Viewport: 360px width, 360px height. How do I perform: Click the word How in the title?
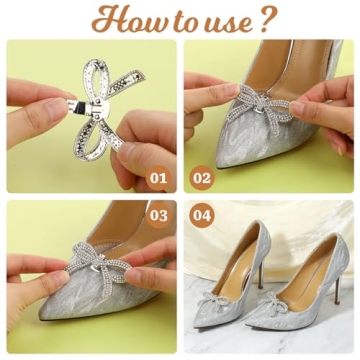tap(121, 19)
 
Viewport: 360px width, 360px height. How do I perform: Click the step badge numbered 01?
tap(157, 179)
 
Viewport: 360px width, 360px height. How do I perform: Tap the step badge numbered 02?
tap(202, 179)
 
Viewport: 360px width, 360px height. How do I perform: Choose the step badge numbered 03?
tap(157, 215)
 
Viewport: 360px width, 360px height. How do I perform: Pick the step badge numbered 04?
tap(202, 215)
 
